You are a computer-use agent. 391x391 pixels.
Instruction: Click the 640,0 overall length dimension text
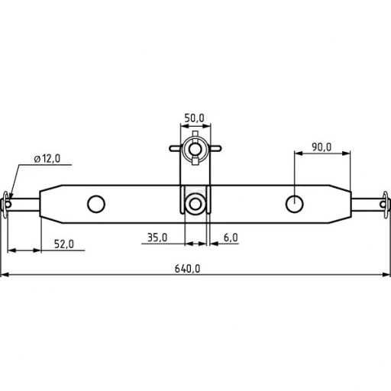click(x=188, y=267)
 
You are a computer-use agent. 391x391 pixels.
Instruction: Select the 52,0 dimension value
click(x=63, y=244)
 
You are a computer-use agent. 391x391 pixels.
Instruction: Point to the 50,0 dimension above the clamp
click(x=194, y=118)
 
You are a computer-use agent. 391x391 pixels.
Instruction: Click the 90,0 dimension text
click(x=321, y=147)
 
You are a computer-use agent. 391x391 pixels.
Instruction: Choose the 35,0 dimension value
click(x=157, y=238)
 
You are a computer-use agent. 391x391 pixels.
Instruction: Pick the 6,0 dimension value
click(x=230, y=238)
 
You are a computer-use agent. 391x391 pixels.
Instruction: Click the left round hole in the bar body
click(x=96, y=203)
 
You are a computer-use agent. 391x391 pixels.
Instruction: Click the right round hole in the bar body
click(x=295, y=203)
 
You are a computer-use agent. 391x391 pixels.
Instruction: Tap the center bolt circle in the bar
click(x=195, y=204)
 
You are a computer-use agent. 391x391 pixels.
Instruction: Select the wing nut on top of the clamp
click(x=195, y=147)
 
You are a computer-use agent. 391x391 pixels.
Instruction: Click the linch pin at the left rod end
click(x=8, y=202)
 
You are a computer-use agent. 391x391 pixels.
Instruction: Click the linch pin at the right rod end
click(x=384, y=203)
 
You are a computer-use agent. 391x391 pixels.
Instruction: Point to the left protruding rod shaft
click(x=25, y=203)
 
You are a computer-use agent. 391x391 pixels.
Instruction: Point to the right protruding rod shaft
click(x=367, y=203)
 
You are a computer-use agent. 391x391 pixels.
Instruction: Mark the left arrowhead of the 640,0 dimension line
click(x=5, y=274)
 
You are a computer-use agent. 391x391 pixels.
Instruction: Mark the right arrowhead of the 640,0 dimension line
click(x=386, y=274)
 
